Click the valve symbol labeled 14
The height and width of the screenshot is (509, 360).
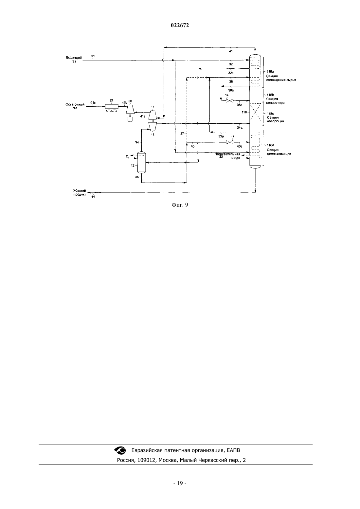click(229, 101)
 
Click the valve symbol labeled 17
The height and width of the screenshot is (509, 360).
click(229, 143)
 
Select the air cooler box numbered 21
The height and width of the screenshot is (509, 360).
click(112, 106)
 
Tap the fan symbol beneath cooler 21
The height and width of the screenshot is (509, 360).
click(111, 111)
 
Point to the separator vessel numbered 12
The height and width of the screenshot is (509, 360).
click(141, 162)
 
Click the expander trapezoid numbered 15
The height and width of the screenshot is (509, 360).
click(152, 126)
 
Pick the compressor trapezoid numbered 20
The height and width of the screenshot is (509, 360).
click(130, 109)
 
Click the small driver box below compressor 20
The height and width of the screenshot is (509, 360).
click(130, 119)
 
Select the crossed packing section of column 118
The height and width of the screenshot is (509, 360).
click(255, 112)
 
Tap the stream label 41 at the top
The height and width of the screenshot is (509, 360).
click(231, 51)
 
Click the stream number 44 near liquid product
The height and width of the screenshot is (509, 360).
click(93, 197)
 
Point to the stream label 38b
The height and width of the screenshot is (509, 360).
click(240, 105)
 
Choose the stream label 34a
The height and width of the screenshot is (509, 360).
click(240, 128)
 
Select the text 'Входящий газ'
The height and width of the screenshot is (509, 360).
click(74, 60)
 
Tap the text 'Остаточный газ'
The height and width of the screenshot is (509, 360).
click(75, 106)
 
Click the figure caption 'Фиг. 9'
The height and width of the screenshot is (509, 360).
click(180, 205)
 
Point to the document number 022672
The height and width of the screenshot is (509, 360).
click(180, 26)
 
